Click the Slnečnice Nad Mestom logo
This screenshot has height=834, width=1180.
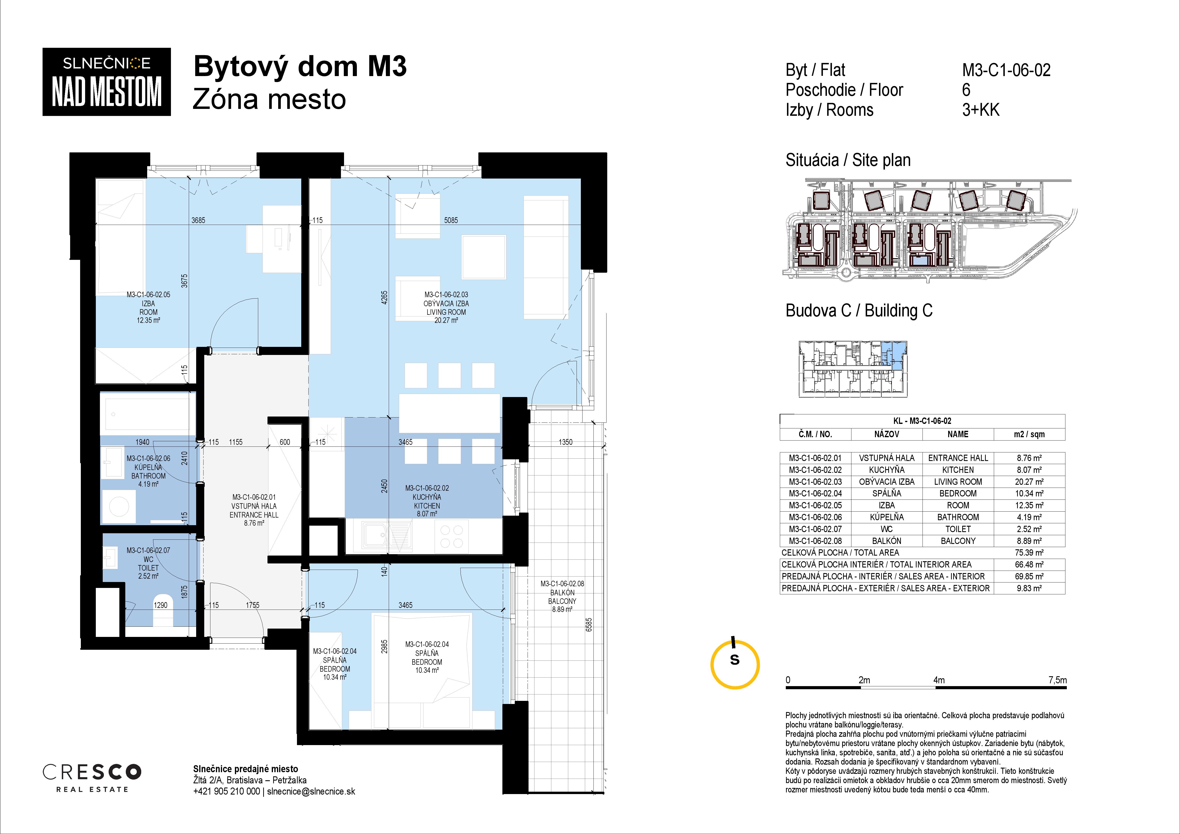point(106,82)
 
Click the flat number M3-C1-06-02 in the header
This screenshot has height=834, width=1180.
point(1006,70)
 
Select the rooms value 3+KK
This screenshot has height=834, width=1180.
point(981,110)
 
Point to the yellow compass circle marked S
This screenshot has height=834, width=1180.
point(735,664)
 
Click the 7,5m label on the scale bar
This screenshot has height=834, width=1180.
point(1058,680)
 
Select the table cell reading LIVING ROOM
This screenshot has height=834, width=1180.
point(958,481)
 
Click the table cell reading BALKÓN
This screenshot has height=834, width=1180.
point(887,541)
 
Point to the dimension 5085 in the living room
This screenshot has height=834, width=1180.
point(451,220)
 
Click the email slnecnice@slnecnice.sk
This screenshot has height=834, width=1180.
point(311,791)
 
